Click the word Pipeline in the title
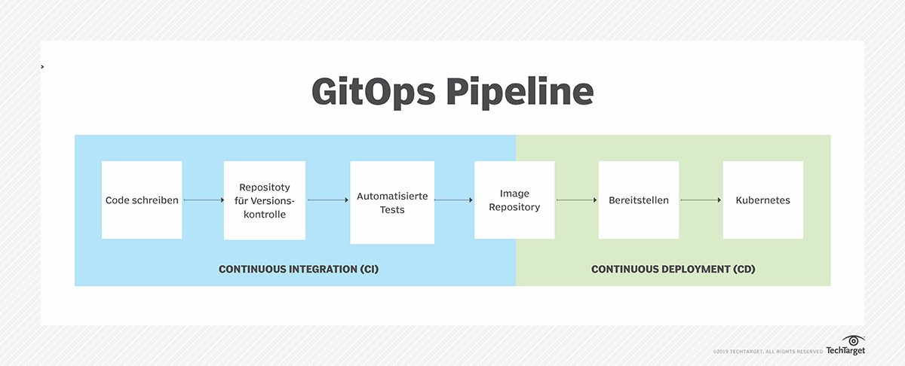point(517,93)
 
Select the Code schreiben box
point(142,200)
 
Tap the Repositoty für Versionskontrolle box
point(265,200)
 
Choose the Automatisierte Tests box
point(392,203)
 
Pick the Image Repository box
point(514,200)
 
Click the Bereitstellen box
point(639,200)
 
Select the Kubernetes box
point(762,200)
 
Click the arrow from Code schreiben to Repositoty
point(203,200)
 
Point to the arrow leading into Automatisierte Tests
point(327,200)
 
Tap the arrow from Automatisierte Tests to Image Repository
point(453,200)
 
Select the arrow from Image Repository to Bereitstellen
point(576,200)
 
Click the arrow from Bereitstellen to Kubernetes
point(701,200)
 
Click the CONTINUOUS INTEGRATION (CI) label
point(298,269)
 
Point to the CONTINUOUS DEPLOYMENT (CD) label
point(673,269)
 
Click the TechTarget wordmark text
point(845,351)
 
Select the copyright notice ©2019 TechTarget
point(767,352)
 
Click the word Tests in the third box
point(392,209)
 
